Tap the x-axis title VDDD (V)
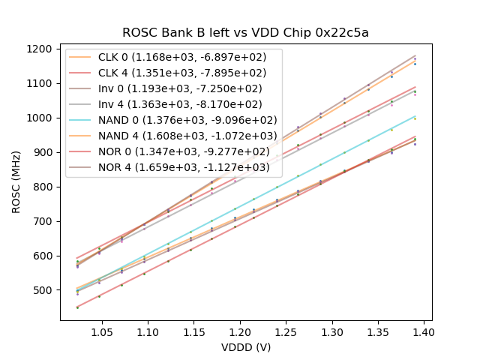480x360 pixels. [246, 347]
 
